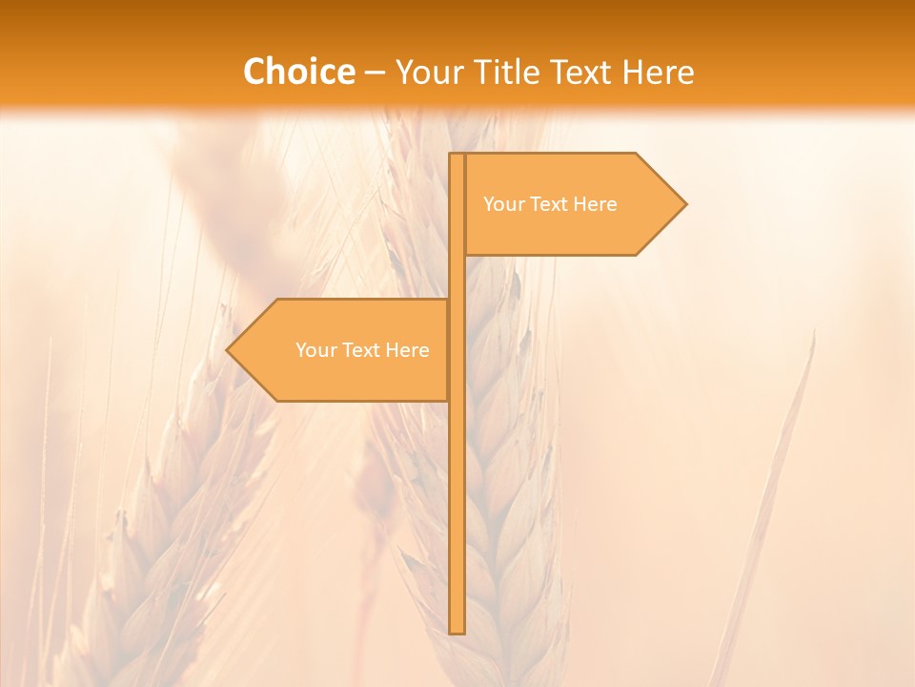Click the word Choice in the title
(x=298, y=73)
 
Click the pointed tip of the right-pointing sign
(x=684, y=203)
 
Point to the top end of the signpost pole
(x=457, y=156)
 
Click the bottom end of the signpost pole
(x=457, y=631)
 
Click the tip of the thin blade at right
(x=814, y=333)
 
